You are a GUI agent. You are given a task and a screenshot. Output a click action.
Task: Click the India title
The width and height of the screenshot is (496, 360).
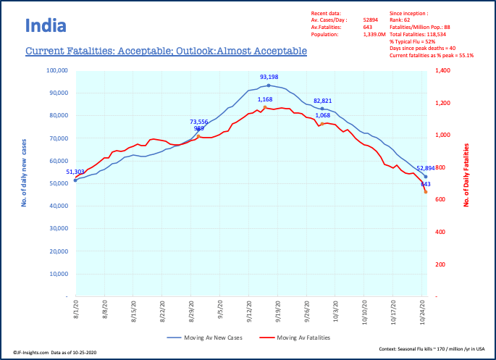coord(46,27)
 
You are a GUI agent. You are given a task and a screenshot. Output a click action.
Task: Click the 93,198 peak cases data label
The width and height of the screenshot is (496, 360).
coord(269,77)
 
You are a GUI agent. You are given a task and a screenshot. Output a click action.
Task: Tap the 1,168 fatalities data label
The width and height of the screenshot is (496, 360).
coord(264,99)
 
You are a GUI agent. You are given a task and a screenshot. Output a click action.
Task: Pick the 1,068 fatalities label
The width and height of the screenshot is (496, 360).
coord(322,115)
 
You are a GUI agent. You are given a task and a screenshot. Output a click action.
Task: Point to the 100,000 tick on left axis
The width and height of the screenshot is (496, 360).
coord(56,71)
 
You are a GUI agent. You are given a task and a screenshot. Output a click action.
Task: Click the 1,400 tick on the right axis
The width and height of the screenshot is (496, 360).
coord(442,71)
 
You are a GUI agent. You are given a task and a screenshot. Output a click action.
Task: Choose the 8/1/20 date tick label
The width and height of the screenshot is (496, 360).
coord(75,309)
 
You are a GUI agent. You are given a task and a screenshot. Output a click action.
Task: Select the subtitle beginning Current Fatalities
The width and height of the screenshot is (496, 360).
coord(166,51)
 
